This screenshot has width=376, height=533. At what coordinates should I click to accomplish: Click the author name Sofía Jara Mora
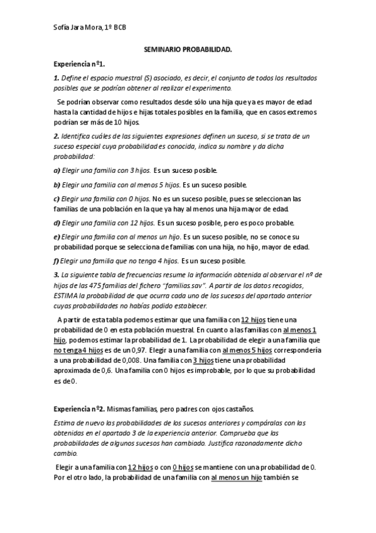click(x=76, y=28)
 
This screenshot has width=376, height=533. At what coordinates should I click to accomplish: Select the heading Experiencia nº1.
click(x=79, y=64)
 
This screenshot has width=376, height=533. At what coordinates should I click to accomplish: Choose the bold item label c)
click(x=56, y=199)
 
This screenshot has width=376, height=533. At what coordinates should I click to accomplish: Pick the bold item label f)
click(x=56, y=260)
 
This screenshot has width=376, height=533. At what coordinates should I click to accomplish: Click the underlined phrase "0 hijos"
click(x=183, y=467)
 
